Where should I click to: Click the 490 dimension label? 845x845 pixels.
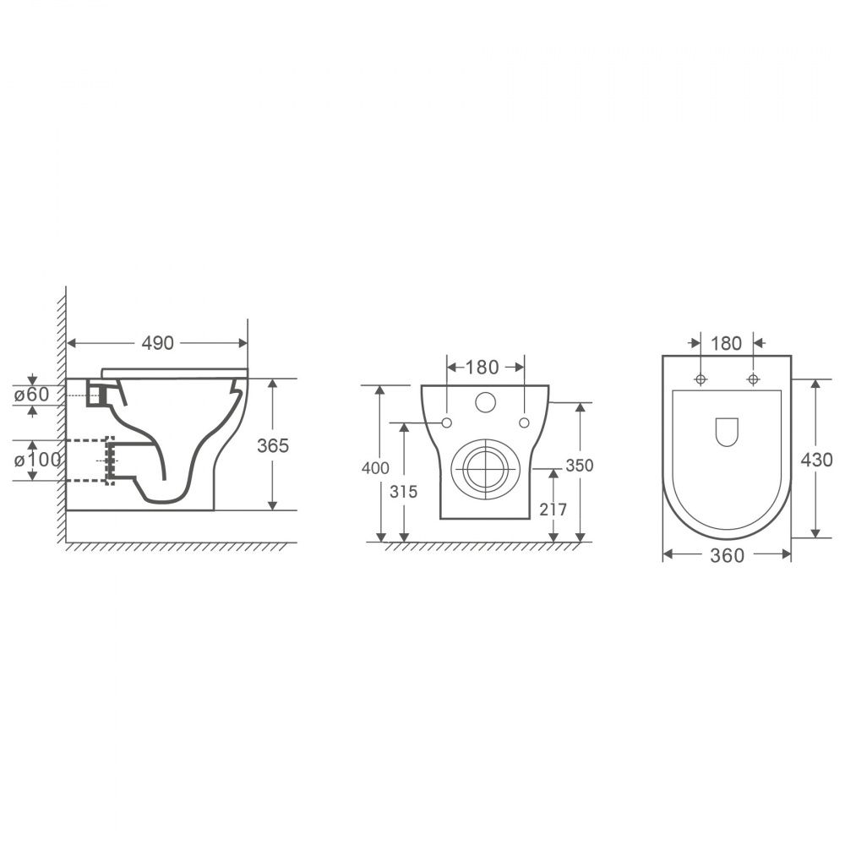(x=157, y=343)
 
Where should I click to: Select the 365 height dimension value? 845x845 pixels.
(x=273, y=445)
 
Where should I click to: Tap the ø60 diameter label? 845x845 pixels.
(x=31, y=395)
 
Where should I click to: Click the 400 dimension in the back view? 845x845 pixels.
(x=375, y=468)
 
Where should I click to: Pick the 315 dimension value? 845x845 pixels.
(x=403, y=492)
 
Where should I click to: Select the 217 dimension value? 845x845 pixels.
(x=553, y=510)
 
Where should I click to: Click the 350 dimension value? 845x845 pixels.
(x=580, y=465)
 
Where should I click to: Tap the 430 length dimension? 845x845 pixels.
(x=816, y=461)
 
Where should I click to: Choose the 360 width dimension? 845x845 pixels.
(x=727, y=556)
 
